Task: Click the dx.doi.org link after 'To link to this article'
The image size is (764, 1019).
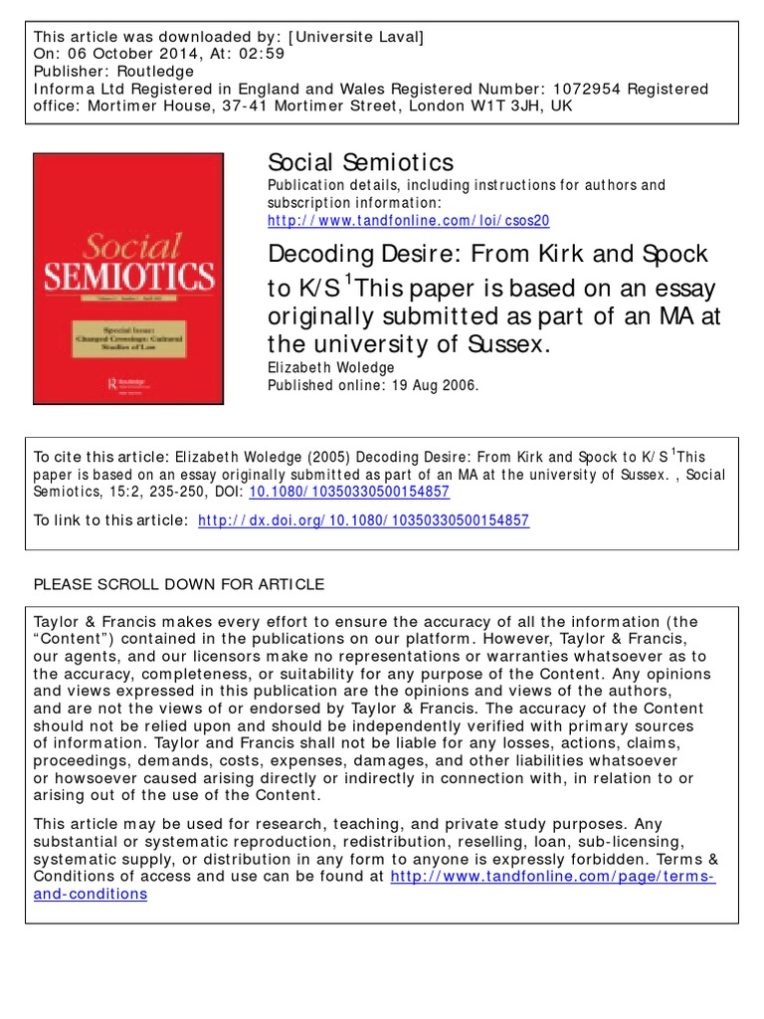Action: tap(364, 520)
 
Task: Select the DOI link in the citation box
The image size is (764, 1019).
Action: tap(351, 492)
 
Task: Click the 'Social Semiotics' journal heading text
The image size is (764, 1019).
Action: tap(361, 162)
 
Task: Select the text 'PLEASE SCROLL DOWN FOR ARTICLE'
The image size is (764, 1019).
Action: tap(179, 584)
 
